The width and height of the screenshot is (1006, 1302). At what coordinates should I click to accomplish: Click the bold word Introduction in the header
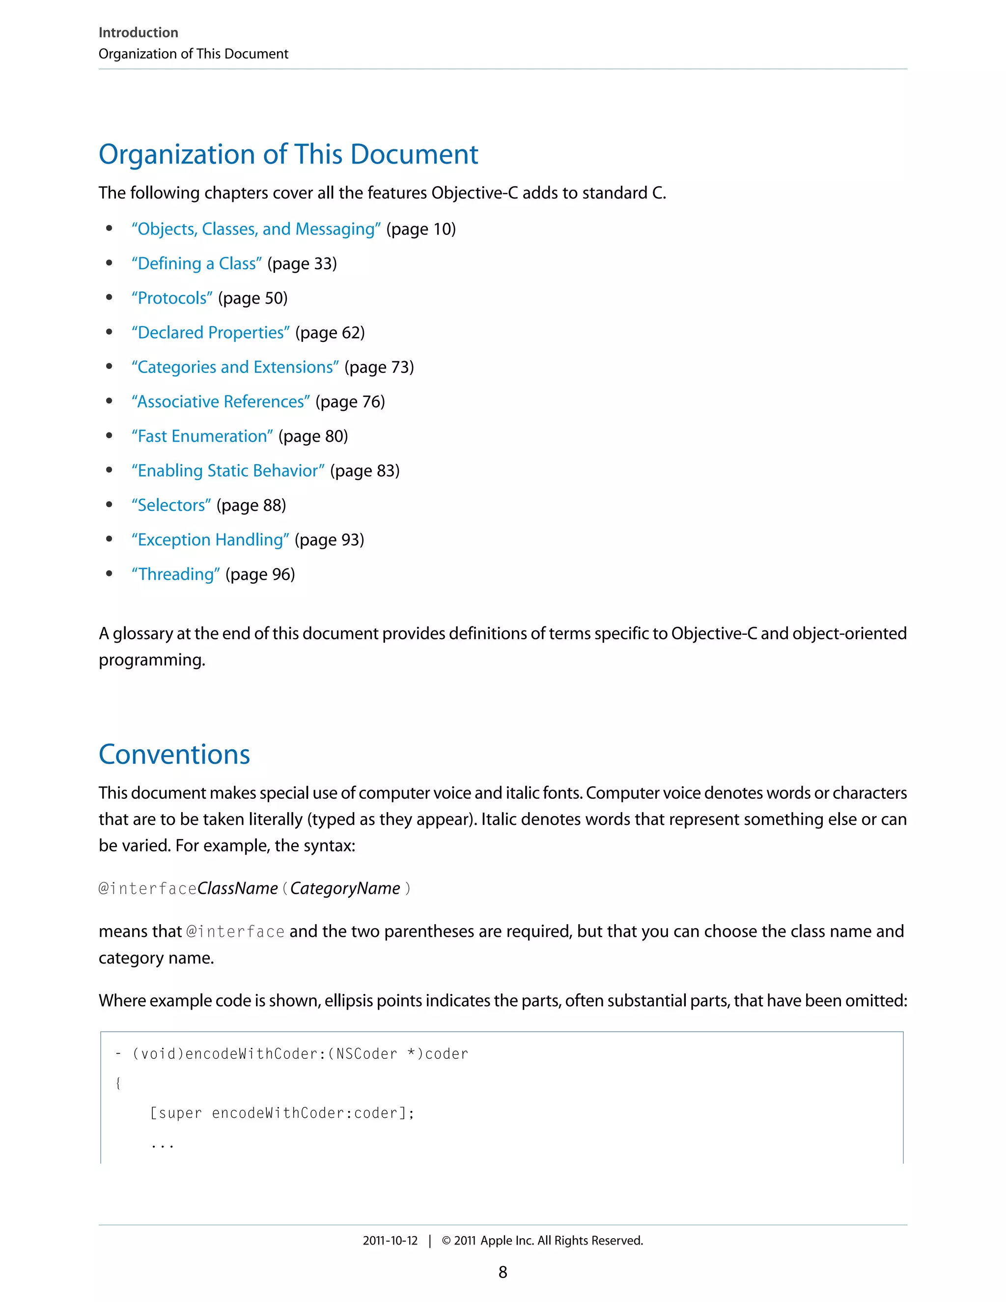[138, 33]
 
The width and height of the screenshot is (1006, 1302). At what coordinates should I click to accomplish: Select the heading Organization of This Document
[288, 154]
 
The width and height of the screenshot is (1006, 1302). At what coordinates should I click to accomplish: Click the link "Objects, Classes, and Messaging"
[255, 229]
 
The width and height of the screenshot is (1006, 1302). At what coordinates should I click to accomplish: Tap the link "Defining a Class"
[196, 264]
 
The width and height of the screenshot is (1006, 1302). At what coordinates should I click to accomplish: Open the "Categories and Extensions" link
[235, 367]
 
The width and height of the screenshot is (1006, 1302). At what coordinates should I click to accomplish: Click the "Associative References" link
[221, 402]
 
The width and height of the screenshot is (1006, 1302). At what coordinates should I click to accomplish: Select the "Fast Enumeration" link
[202, 436]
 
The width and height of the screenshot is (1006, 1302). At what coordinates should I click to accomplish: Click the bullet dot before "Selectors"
[109, 505]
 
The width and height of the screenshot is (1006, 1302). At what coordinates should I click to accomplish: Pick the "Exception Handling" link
[210, 540]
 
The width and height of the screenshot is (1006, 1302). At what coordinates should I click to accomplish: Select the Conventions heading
[174, 755]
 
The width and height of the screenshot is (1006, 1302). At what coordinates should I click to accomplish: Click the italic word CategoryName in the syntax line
[345, 889]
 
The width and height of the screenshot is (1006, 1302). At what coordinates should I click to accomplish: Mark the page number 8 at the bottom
[503, 1272]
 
